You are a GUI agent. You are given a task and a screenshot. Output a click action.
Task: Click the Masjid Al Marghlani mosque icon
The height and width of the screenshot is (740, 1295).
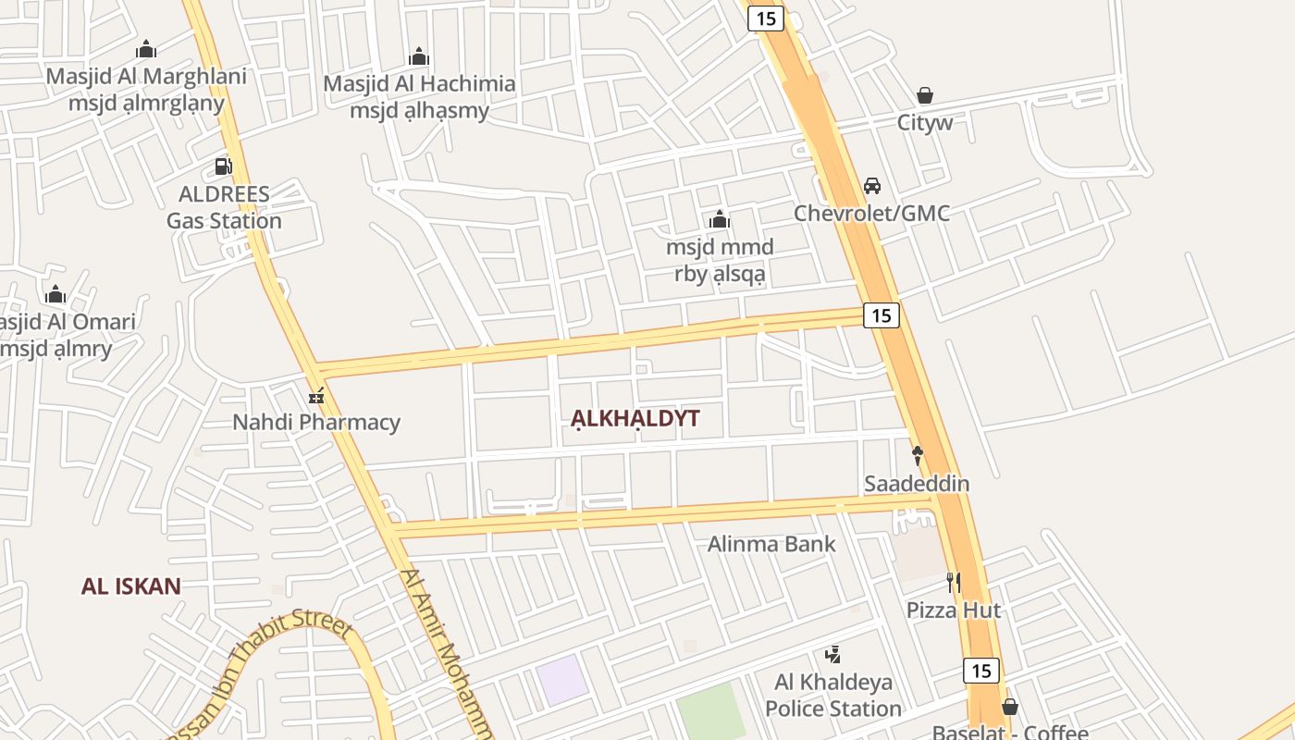click(146, 49)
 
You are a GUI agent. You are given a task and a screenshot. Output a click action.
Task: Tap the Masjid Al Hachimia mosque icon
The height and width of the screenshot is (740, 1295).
click(419, 56)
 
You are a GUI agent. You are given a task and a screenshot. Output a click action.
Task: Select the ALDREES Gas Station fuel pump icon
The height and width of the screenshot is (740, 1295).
click(223, 166)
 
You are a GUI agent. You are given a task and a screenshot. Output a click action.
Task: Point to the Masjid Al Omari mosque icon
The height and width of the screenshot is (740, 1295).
click(55, 294)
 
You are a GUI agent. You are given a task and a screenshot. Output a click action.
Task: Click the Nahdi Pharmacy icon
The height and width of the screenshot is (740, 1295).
click(316, 396)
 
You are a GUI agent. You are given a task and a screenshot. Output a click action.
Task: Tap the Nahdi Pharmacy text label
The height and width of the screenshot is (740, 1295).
click(316, 423)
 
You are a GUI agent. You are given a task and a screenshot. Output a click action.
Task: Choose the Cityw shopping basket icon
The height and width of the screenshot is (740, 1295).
click(924, 95)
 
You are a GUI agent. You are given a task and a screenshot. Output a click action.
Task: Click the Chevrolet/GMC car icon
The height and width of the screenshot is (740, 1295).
click(871, 186)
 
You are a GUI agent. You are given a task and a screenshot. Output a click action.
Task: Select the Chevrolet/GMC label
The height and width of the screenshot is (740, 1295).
click(871, 214)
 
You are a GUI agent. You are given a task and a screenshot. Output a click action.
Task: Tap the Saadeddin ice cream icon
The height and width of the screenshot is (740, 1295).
click(918, 455)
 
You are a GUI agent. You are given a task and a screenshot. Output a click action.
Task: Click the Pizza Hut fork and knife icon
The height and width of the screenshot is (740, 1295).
click(953, 582)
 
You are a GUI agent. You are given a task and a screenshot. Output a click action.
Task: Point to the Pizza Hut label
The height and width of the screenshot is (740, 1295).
click(953, 610)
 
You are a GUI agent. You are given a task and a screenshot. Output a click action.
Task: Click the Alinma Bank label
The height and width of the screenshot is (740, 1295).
click(771, 544)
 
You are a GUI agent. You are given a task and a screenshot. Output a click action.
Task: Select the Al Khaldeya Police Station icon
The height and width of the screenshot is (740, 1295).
click(832, 655)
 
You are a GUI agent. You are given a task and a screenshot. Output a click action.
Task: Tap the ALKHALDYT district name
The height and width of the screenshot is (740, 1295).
click(635, 418)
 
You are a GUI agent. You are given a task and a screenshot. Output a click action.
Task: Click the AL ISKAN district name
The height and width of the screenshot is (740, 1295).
click(130, 586)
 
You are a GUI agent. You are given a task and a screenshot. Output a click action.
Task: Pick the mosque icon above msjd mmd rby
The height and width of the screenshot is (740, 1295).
click(720, 219)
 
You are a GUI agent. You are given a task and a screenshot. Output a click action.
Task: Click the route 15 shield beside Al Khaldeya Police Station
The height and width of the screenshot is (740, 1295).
click(980, 671)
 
